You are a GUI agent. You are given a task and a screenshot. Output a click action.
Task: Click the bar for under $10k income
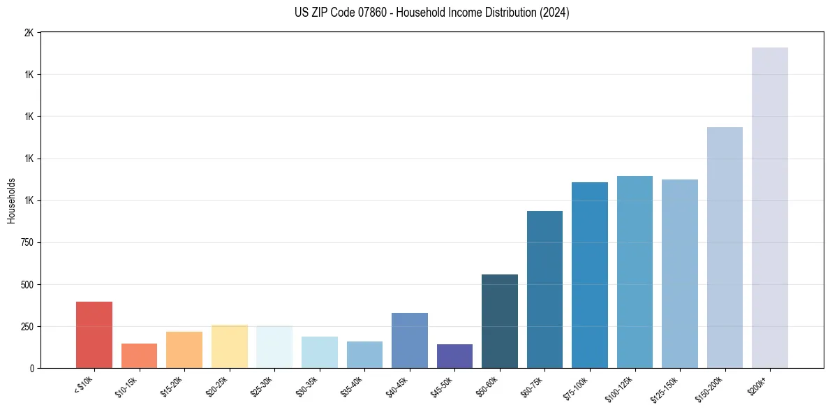click(x=94, y=335)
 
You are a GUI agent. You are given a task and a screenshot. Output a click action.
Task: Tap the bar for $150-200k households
click(x=725, y=248)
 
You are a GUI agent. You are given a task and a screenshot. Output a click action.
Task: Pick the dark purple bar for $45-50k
click(x=454, y=356)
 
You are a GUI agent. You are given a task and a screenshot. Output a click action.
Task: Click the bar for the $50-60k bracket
click(x=500, y=321)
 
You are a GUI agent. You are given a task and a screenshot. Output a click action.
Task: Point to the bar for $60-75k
click(x=544, y=290)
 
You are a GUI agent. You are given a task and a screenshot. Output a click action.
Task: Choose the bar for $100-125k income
click(x=635, y=272)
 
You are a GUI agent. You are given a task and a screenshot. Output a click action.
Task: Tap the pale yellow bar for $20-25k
click(x=229, y=346)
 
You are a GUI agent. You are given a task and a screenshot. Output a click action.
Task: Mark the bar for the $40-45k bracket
click(x=410, y=341)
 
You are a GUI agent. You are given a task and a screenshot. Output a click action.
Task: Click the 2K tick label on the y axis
click(x=29, y=33)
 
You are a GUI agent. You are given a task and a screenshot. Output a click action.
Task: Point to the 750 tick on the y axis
click(x=27, y=243)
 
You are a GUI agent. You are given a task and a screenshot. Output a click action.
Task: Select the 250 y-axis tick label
click(x=27, y=327)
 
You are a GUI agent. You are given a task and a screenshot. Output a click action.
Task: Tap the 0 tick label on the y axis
click(x=32, y=369)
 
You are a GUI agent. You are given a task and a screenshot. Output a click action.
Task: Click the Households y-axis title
click(x=11, y=200)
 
